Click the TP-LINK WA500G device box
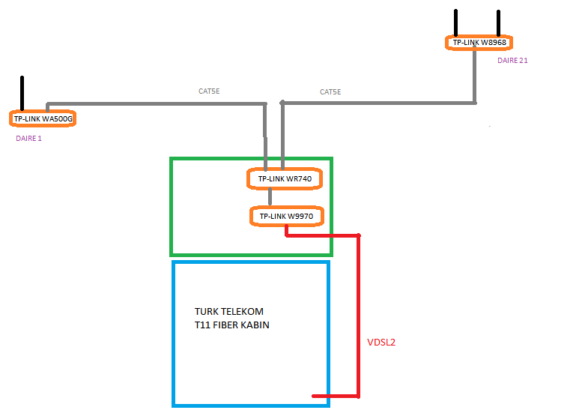[43, 118]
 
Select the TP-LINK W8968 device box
[479, 43]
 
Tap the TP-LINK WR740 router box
[285, 179]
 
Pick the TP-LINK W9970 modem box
[286, 217]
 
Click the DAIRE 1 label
[28, 138]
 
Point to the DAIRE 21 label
[512, 61]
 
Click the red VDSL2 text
[381, 343]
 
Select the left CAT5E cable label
[209, 91]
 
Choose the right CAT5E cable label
[330, 92]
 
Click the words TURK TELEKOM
[229, 311]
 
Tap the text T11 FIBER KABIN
[232, 325]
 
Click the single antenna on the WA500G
[22, 92]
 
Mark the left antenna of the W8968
[455, 22]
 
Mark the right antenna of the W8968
[497, 22]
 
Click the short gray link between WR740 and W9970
[270, 198]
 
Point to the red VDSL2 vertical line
[359, 315]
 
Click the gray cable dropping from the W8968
[475, 75]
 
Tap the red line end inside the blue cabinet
[318, 396]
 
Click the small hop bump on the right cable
[282, 101]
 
